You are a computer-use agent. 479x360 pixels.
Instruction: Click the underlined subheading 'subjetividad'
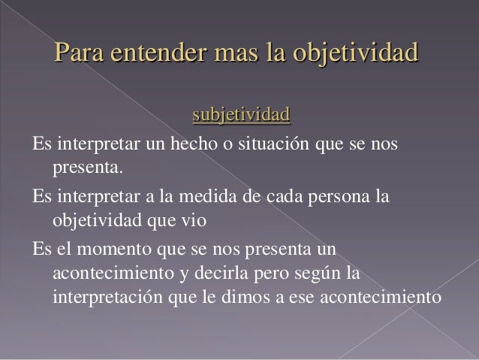[240, 116]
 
